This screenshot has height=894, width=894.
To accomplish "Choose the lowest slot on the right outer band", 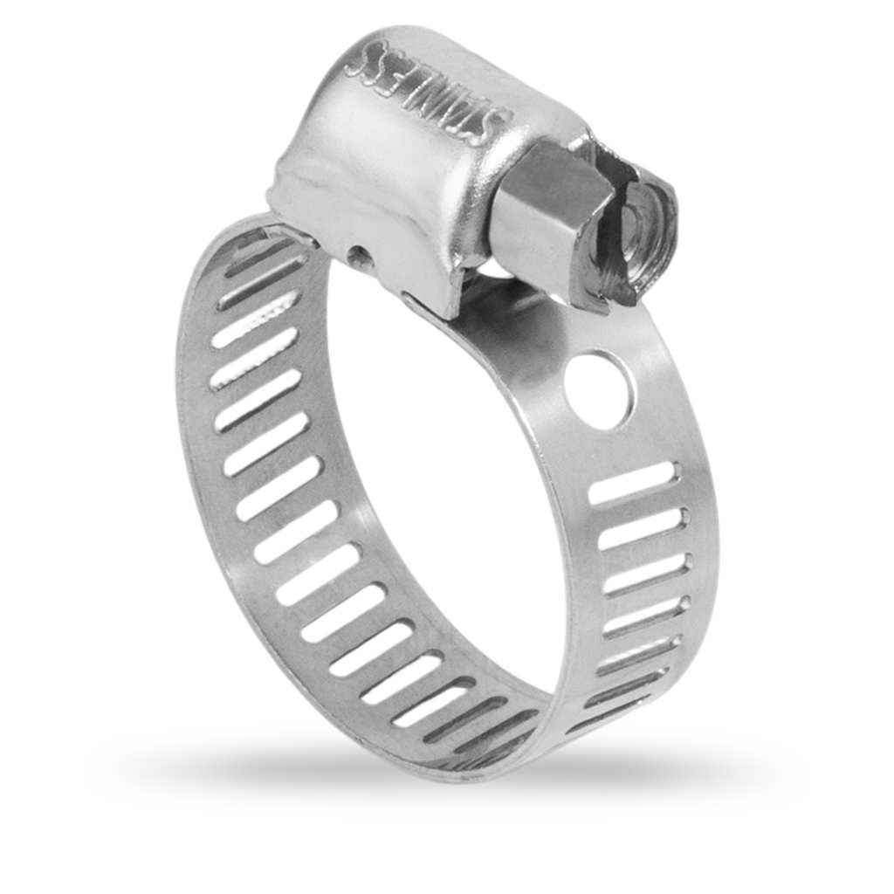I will click(611, 698).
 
